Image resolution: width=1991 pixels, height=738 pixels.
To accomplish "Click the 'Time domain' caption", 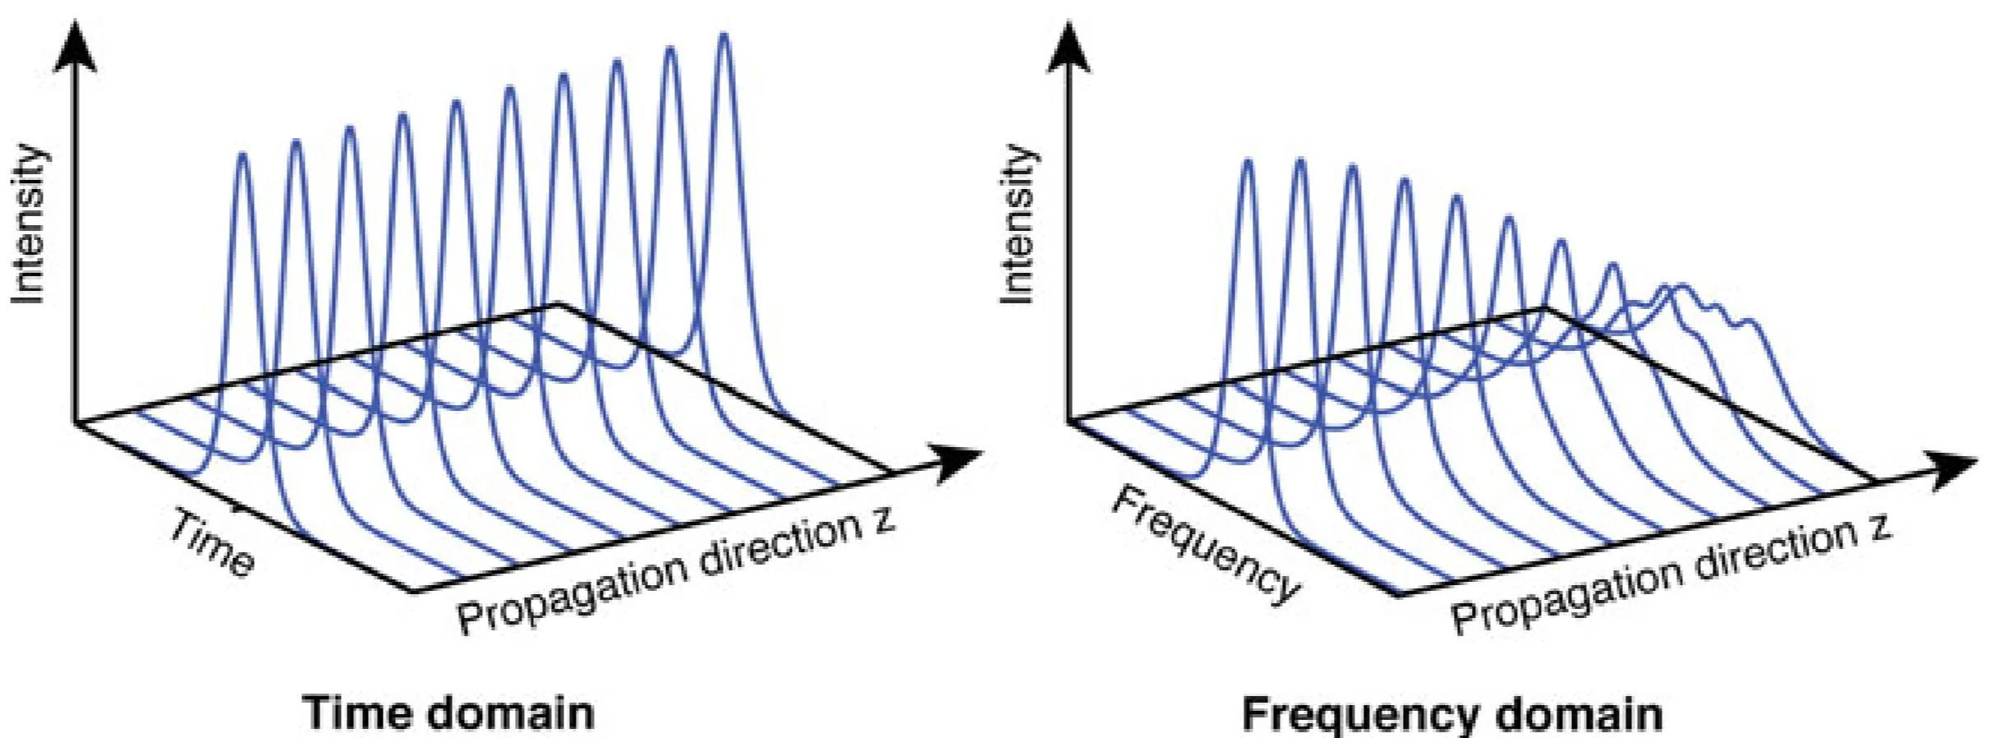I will pos(448,712).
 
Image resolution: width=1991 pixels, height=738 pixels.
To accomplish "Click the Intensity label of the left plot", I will pos(28,224).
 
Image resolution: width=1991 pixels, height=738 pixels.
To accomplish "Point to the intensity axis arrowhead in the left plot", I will pos(76,45).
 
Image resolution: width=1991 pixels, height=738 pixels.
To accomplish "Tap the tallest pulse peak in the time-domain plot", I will pos(724,38).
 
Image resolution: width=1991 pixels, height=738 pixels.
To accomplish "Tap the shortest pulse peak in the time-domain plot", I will pos(242,156).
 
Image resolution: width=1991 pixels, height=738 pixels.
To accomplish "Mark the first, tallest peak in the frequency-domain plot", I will pos(1248,163).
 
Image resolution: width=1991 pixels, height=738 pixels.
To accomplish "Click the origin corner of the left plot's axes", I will pos(76,423).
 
